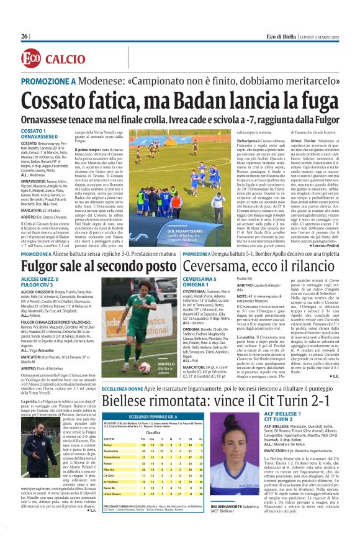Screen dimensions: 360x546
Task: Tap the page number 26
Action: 25,37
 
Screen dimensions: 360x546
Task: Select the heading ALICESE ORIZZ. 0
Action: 42,281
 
